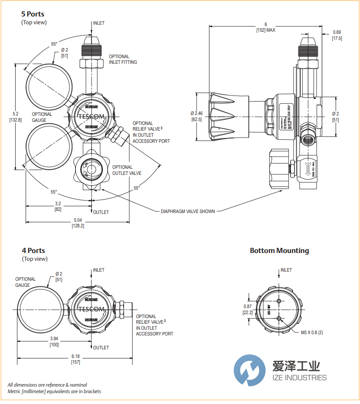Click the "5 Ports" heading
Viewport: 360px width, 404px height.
pos(33,14)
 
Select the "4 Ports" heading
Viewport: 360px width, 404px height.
pos(33,250)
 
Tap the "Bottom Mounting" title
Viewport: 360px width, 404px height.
pos(279,250)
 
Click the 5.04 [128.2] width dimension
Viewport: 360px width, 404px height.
pos(78,223)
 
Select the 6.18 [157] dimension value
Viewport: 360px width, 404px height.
pos(75,359)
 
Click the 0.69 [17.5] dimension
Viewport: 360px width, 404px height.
pos(337,35)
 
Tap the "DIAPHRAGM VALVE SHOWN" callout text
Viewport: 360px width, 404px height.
pos(188,211)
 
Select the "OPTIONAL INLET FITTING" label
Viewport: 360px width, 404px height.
pos(123,59)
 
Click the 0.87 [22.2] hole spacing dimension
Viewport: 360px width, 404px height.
pos(248,309)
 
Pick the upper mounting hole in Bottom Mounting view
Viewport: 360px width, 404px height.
pos(278,302)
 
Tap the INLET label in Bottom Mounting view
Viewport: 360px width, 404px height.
pos(286,270)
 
